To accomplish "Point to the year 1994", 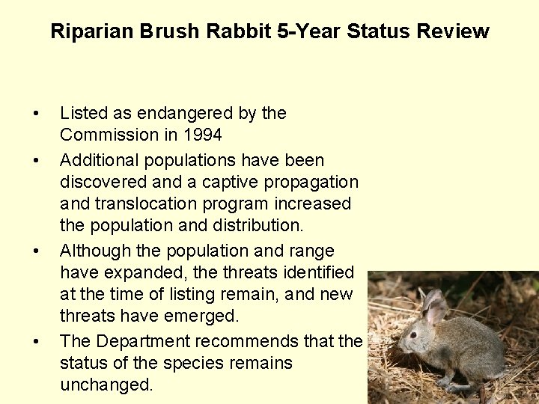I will tap(203, 135).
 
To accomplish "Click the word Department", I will tap(141, 341).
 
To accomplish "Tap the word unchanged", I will tap(106, 385).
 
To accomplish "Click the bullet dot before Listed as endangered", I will tap(36, 114).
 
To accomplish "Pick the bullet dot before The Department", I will tap(36, 342).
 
